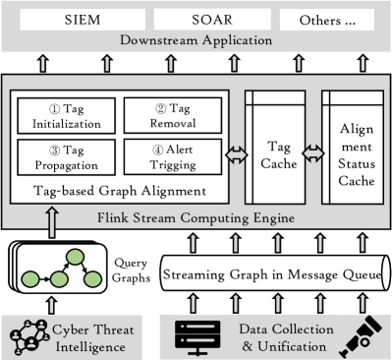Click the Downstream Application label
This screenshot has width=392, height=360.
pyautogui.click(x=196, y=40)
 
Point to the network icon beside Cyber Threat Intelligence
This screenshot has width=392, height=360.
pyautogui.click(x=30, y=334)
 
